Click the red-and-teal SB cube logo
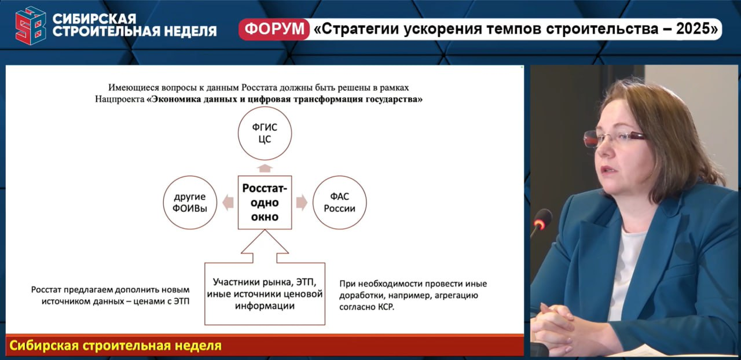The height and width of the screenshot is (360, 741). pos(31,25)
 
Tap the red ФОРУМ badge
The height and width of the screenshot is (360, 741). pos(274,29)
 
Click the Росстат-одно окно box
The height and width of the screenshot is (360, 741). pos(265,202)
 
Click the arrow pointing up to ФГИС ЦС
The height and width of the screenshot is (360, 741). pos(265,168)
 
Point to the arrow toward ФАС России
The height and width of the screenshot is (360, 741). pos(302,202)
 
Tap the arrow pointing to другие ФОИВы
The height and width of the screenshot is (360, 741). pos(228,202)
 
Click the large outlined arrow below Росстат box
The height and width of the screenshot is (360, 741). pos(265,247)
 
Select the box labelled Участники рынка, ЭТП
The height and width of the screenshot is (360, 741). pos(265,294)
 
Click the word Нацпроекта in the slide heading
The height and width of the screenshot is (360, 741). pos(119,100)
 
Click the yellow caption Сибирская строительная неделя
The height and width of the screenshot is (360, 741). pos(115,346)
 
